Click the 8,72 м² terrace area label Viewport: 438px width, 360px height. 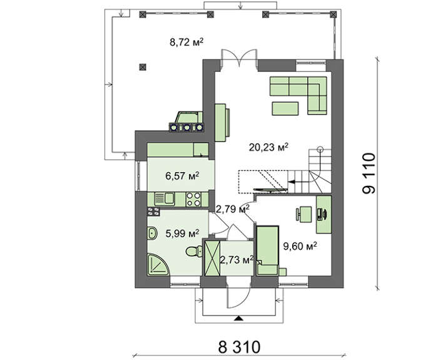[x=186, y=42]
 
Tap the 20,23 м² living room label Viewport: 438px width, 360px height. [x=268, y=147]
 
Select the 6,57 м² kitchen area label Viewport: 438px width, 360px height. [x=183, y=176]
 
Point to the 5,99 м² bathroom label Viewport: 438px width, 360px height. [x=183, y=233]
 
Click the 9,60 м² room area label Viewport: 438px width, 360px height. [x=300, y=246]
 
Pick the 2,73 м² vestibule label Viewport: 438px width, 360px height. [x=237, y=260]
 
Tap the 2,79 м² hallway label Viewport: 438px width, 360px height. [x=233, y=208]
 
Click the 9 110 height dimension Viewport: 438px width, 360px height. [x=369, y=173]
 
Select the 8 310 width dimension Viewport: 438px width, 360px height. [x=239, y=347]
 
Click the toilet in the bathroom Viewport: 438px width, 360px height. [x=194, y=251]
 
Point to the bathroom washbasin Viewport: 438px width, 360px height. [x=152, y=233]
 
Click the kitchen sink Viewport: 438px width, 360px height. [x=165, y=198]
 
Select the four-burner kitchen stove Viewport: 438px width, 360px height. [x=193, y=199]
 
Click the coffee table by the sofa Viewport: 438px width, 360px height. [x=285, y=108]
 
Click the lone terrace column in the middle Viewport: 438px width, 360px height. [x=143, y=67]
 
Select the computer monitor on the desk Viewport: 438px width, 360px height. [x=324, y=214]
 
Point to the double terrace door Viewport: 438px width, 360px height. [x=239, y=58]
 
